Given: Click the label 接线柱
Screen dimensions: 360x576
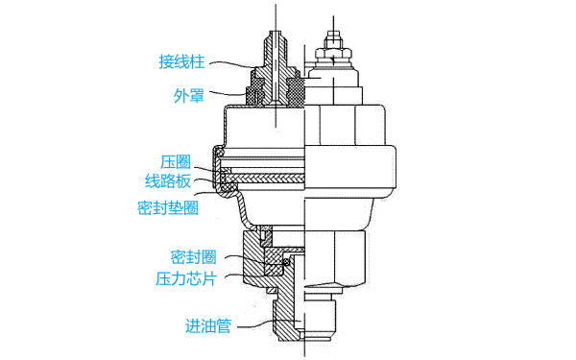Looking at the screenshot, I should [x=182, y=63].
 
